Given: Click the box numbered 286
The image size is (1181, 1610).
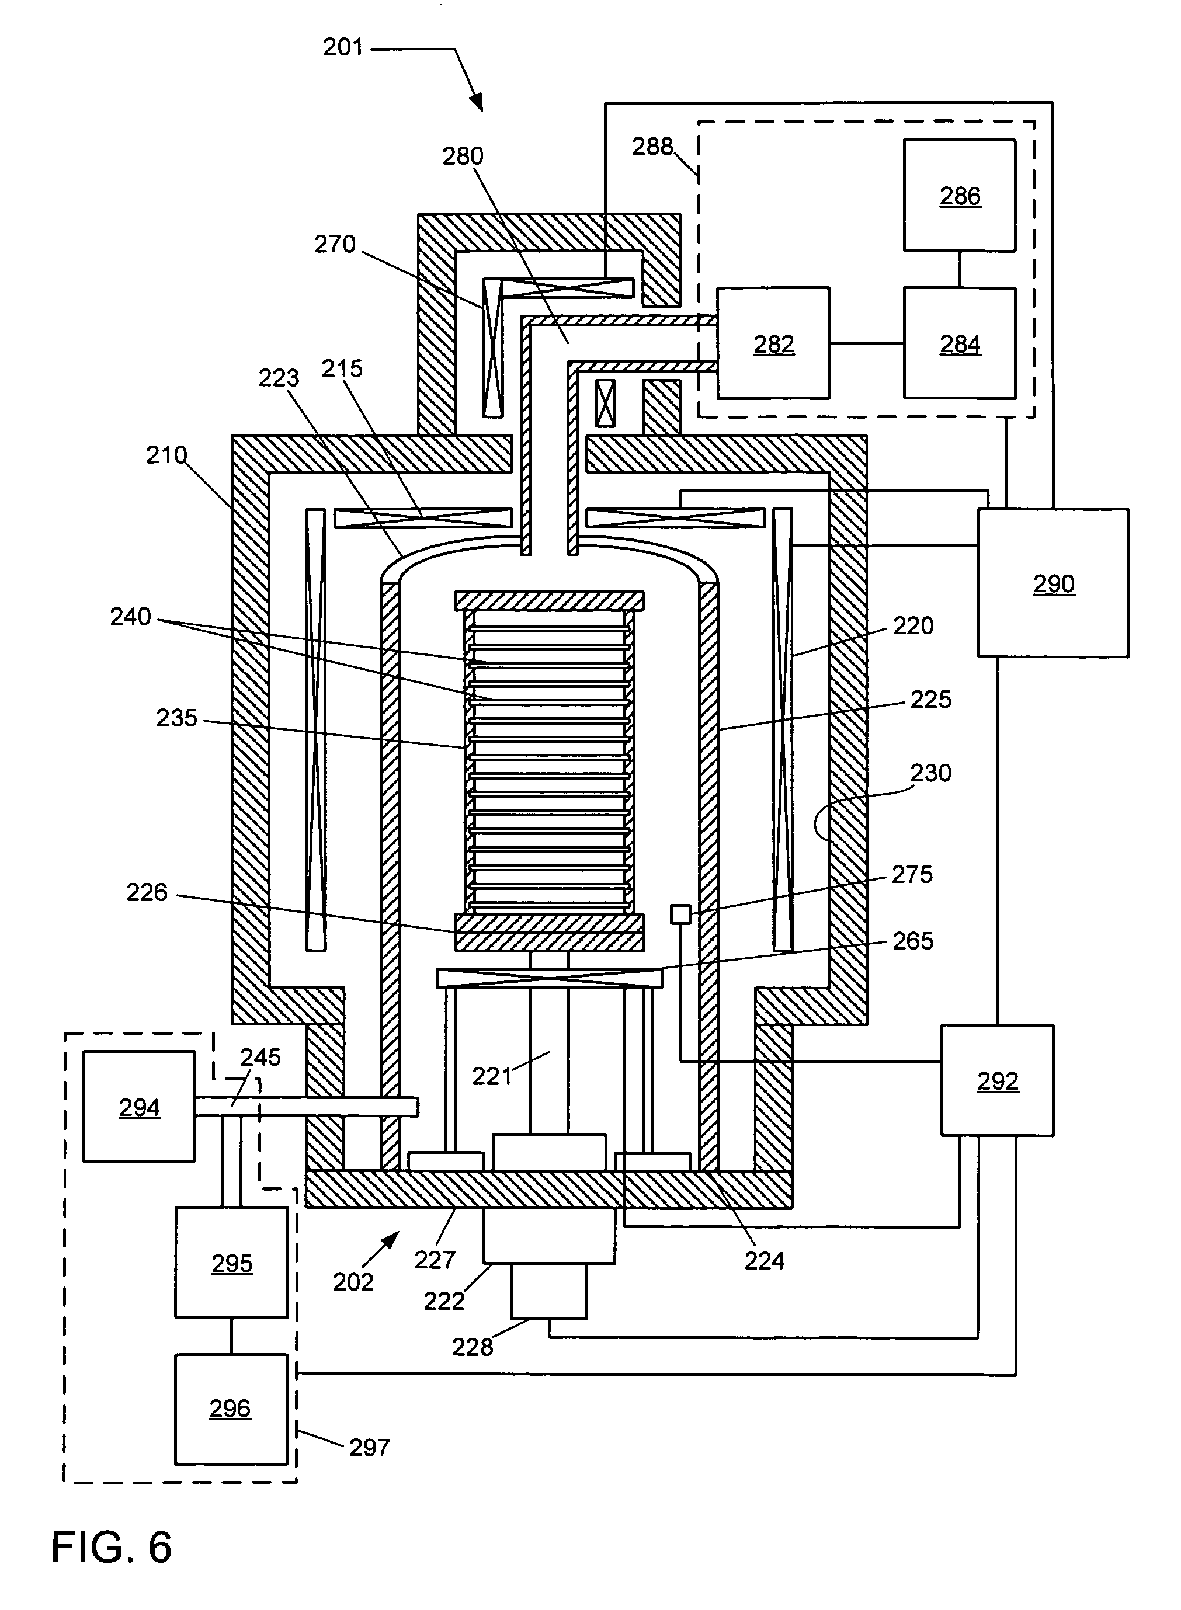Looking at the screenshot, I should click(960, 195).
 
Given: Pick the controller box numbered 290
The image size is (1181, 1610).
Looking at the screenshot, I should click(1053, 583).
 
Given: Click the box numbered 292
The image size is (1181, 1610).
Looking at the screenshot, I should click(997, 1080).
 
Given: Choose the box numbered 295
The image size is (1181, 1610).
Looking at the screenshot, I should click(232, 1263).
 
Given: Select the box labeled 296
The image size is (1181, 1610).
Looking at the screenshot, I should click(230, 1409).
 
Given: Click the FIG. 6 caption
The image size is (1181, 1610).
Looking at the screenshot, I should click(112, 1547).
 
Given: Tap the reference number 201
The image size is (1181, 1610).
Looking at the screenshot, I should click(343, 47).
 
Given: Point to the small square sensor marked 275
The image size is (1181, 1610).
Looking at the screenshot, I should click(680, 913).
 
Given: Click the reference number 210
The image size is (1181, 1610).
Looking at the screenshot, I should click(166, 454).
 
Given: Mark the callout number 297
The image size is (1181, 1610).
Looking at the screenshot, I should click(369, 1447).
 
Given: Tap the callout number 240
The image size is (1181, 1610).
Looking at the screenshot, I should click(130, 616).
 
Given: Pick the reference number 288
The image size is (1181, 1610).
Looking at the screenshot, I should click(652, 147).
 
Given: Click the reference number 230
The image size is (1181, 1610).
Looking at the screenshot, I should click(930, 773).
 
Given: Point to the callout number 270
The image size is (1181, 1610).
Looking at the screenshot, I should click(335, 245).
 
